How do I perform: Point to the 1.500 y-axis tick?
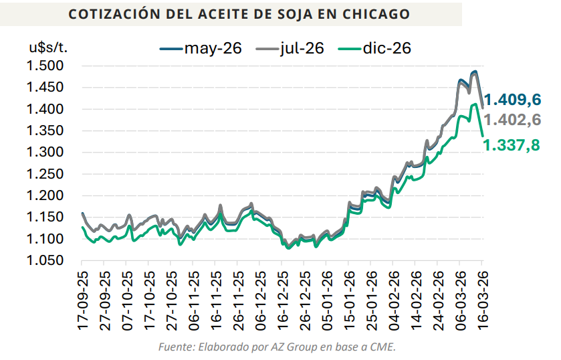click(x=45, y=66)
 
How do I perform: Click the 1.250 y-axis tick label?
click(x=45, y=174)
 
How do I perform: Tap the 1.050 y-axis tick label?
click(x=45, y=260)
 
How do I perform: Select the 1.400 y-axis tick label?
click(x=45, y=109)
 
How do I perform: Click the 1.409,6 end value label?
click(x=512, y=100)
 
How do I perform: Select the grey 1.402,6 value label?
click(x=512, y=120)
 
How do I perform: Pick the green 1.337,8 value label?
click(x=512, y=145)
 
